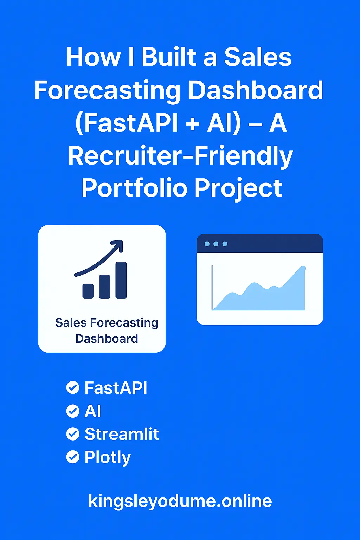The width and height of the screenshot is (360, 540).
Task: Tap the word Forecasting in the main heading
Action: (x=107, y=90)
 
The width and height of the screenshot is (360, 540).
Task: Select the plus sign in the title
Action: (x=192, y=124)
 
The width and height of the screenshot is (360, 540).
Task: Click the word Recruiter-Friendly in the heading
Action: (x=180, y=156)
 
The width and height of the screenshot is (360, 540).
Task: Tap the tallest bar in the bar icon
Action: (x=121, y=280)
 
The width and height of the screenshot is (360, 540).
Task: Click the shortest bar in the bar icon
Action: (x=88, y=291)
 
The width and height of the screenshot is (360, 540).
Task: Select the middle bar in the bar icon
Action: (x=104, y=287)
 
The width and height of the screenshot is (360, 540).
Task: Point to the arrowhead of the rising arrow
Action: (x=118, y=245)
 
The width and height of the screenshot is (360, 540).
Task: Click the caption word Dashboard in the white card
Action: (x=107, y=339)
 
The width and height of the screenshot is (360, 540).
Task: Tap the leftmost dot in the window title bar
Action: (x=207, y=244)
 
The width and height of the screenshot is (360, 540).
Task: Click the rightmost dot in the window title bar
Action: (x=225, y=244)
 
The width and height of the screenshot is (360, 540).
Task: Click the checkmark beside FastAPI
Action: (x=73, y=388)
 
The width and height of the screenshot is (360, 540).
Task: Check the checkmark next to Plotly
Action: (x=73, y=457)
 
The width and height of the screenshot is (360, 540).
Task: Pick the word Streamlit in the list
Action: (x=122, y=434)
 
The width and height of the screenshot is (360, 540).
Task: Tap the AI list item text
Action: (x=93, y=411)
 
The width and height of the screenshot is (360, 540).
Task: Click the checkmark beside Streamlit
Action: (x=73, y=434)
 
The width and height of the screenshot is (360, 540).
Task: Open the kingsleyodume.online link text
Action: (x=180, y=501)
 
